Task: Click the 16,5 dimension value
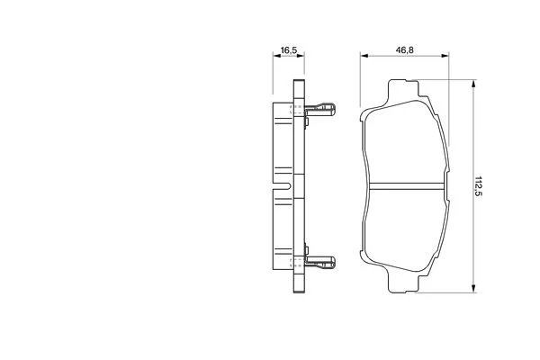(x=289, y=50)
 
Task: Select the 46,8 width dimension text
(x=404, y=50)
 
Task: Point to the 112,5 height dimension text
(x=479, y=186)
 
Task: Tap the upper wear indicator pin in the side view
(x=320, y=110)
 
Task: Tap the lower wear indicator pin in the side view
(x=320, y=263)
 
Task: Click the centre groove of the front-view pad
(x=407, y=186)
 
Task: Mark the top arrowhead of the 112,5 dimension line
(x=474, y=84)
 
